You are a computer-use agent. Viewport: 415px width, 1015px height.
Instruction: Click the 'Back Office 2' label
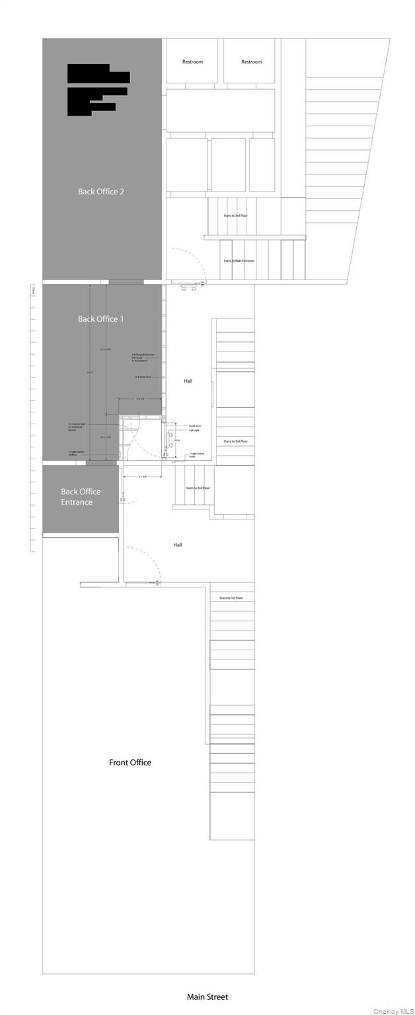tap(101, 192)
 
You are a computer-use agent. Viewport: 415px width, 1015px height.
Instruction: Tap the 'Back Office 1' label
tap(101, 319)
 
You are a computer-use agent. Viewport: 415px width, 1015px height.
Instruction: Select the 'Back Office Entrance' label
tap(81, 497)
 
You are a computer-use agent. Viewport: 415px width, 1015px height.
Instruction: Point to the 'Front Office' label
tap(130, 763)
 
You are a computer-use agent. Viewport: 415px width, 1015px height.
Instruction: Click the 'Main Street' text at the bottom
tap(207, 996)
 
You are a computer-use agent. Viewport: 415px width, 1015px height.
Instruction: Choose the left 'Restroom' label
tap(192, 62)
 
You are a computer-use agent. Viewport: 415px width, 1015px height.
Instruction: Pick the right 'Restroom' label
tap(251, 62)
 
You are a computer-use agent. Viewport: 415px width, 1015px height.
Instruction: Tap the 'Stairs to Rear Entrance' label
tap(239, 261)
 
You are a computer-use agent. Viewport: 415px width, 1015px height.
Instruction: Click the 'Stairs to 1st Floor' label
tap(231, 598)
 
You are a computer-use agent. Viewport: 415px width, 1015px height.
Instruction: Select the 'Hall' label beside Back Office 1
tap(188, 381)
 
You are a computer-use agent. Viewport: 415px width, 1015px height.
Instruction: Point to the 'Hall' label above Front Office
tap(178, 545)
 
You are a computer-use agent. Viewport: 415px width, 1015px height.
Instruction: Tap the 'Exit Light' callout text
tap(194, 431)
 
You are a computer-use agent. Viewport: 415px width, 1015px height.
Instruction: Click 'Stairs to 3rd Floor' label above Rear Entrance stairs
tap(239, 215)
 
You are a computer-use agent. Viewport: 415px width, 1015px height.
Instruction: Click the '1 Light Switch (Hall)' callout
tap(196, 455)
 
